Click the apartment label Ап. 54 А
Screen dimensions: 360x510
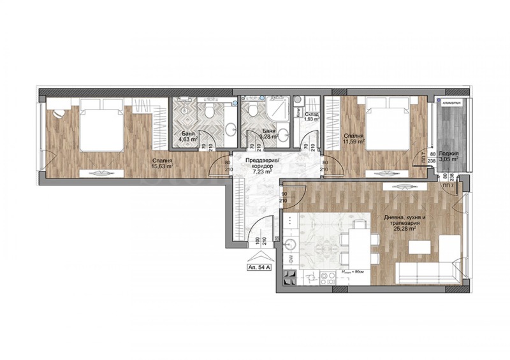(x=260, y=268)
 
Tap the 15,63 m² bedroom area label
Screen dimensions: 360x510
(x=160, y=164)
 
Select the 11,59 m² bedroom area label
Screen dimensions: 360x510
(x=353, y=139)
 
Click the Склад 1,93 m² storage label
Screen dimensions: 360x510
(x=311, y=116)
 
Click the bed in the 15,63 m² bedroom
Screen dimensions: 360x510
(x=101, y=127)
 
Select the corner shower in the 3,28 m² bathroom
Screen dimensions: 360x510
(x=279, y=106)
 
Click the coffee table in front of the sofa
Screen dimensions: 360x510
(x=418, y=246)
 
